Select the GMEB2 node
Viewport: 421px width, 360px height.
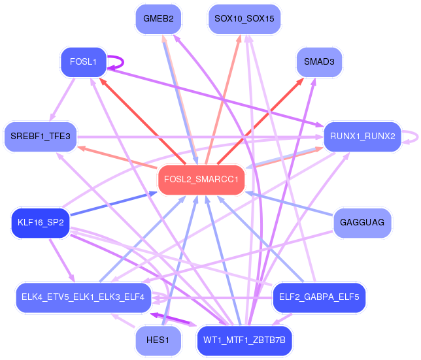coord(158,19)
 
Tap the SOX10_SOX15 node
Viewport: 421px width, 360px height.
coord(244,19)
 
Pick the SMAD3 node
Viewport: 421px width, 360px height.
coord(319,62)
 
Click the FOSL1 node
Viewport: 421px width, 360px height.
coord(83,62)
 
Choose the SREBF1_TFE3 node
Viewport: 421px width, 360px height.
coord(41,137)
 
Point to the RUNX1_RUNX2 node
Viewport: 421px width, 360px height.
coord(362,137)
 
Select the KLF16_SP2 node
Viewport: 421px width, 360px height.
coord(41,223)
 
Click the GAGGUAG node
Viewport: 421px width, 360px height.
coord(362,223)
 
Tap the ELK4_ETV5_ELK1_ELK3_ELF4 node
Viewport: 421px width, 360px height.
coord(83,297)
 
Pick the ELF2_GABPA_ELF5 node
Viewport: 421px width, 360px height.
coord(319,297)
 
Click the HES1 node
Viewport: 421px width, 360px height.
coord(158,340)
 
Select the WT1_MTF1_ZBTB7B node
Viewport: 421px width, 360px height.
coord(244,340)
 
